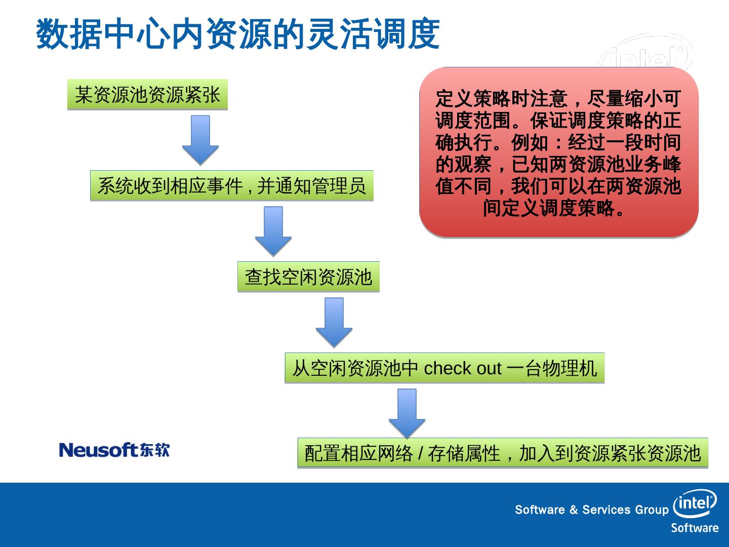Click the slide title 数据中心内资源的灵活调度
237,34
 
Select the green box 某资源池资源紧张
147,95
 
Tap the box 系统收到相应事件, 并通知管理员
231,186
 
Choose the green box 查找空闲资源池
308,277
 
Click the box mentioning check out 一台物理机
444,368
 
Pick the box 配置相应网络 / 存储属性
502,453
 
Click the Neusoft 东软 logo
114,450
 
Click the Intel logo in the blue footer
695,503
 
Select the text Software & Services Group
591,510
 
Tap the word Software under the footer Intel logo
695,528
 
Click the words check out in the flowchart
462,369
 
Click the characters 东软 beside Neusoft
155,450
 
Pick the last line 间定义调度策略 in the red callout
554,208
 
